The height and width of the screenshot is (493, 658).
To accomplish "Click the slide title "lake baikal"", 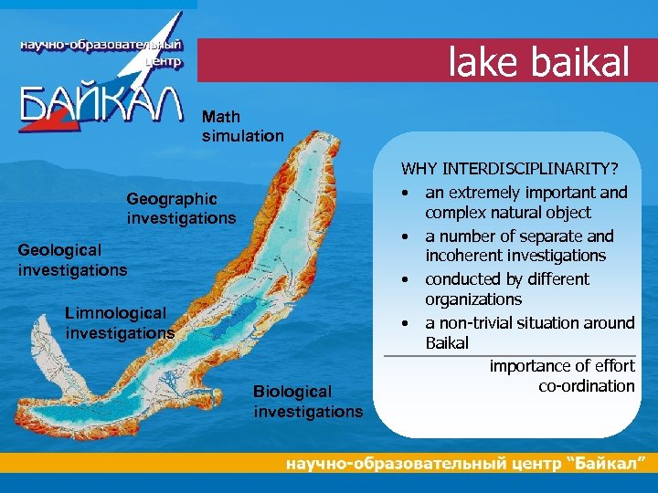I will coord(539,62).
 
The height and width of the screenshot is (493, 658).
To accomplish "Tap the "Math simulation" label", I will coord(242,126).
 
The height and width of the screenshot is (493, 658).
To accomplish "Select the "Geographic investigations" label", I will coord(181,208).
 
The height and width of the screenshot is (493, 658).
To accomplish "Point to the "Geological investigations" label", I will coord(72,258).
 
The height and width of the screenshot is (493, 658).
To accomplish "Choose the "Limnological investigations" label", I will coord(120,323).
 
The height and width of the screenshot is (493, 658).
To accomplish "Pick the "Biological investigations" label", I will coord(307,401).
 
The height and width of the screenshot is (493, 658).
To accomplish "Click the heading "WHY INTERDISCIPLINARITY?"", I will coord(509,169).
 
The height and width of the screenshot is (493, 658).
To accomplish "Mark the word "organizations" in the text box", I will coord(473,299).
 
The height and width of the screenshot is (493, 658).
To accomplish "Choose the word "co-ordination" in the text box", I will coord(586,385).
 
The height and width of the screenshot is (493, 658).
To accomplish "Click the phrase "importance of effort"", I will coord(561,365).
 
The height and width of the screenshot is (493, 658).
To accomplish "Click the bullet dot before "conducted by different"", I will coord(401,279).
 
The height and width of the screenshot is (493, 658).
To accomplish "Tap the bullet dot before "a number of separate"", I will coord(401,236).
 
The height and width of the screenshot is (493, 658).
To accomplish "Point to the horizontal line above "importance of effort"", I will coord(509,354).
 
